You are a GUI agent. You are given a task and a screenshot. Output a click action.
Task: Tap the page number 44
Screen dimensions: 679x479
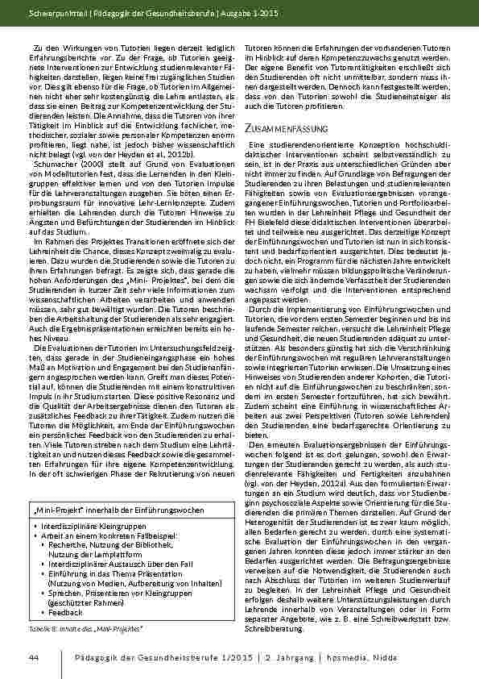[x=33, y=659]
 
